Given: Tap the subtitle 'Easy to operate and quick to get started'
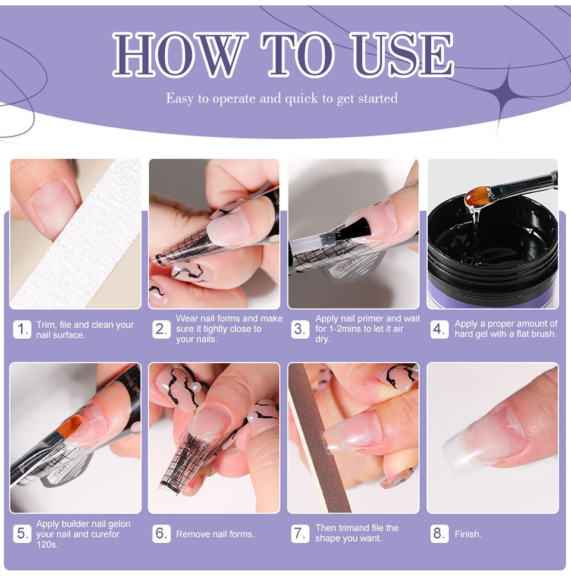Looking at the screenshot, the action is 282,98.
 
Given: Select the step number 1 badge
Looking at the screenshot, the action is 22,329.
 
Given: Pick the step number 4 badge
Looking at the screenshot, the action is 439,329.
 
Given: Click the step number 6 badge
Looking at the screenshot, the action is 161,533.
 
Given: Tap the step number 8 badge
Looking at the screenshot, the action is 439,533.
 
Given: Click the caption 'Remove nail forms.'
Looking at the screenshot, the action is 215,534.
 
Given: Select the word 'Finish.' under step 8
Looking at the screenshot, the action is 468,534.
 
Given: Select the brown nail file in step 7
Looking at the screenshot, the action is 319,438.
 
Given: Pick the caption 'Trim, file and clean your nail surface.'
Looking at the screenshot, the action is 85,329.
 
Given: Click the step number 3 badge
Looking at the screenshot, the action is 300,329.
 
